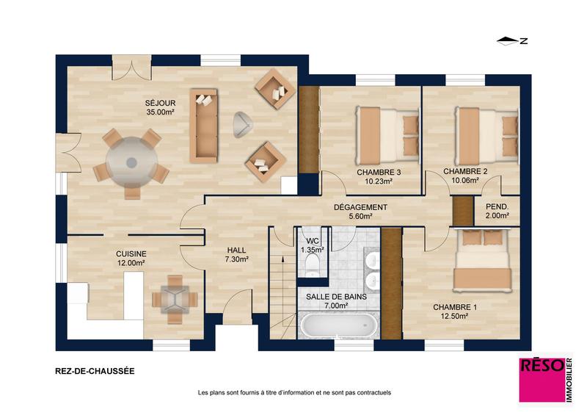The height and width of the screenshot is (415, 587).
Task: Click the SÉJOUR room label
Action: coord(159,107)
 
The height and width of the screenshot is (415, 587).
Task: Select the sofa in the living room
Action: coord(204,126)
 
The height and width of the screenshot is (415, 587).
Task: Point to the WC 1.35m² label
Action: coord(313,245)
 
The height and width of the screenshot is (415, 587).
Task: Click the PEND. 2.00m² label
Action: coord(497,212)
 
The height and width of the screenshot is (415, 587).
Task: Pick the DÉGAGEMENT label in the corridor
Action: coord(360,212)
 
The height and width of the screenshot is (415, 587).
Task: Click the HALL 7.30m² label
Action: coord(236,254)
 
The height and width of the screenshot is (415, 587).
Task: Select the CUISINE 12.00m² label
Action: coord(131,258)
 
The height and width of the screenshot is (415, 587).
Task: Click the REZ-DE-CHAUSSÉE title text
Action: coord(95,372)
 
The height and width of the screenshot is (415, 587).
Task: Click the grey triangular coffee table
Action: coord(243,125)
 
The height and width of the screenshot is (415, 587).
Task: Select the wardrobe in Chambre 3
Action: coord(308,131)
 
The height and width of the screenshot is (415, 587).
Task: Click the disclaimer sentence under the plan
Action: coord(294,392)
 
